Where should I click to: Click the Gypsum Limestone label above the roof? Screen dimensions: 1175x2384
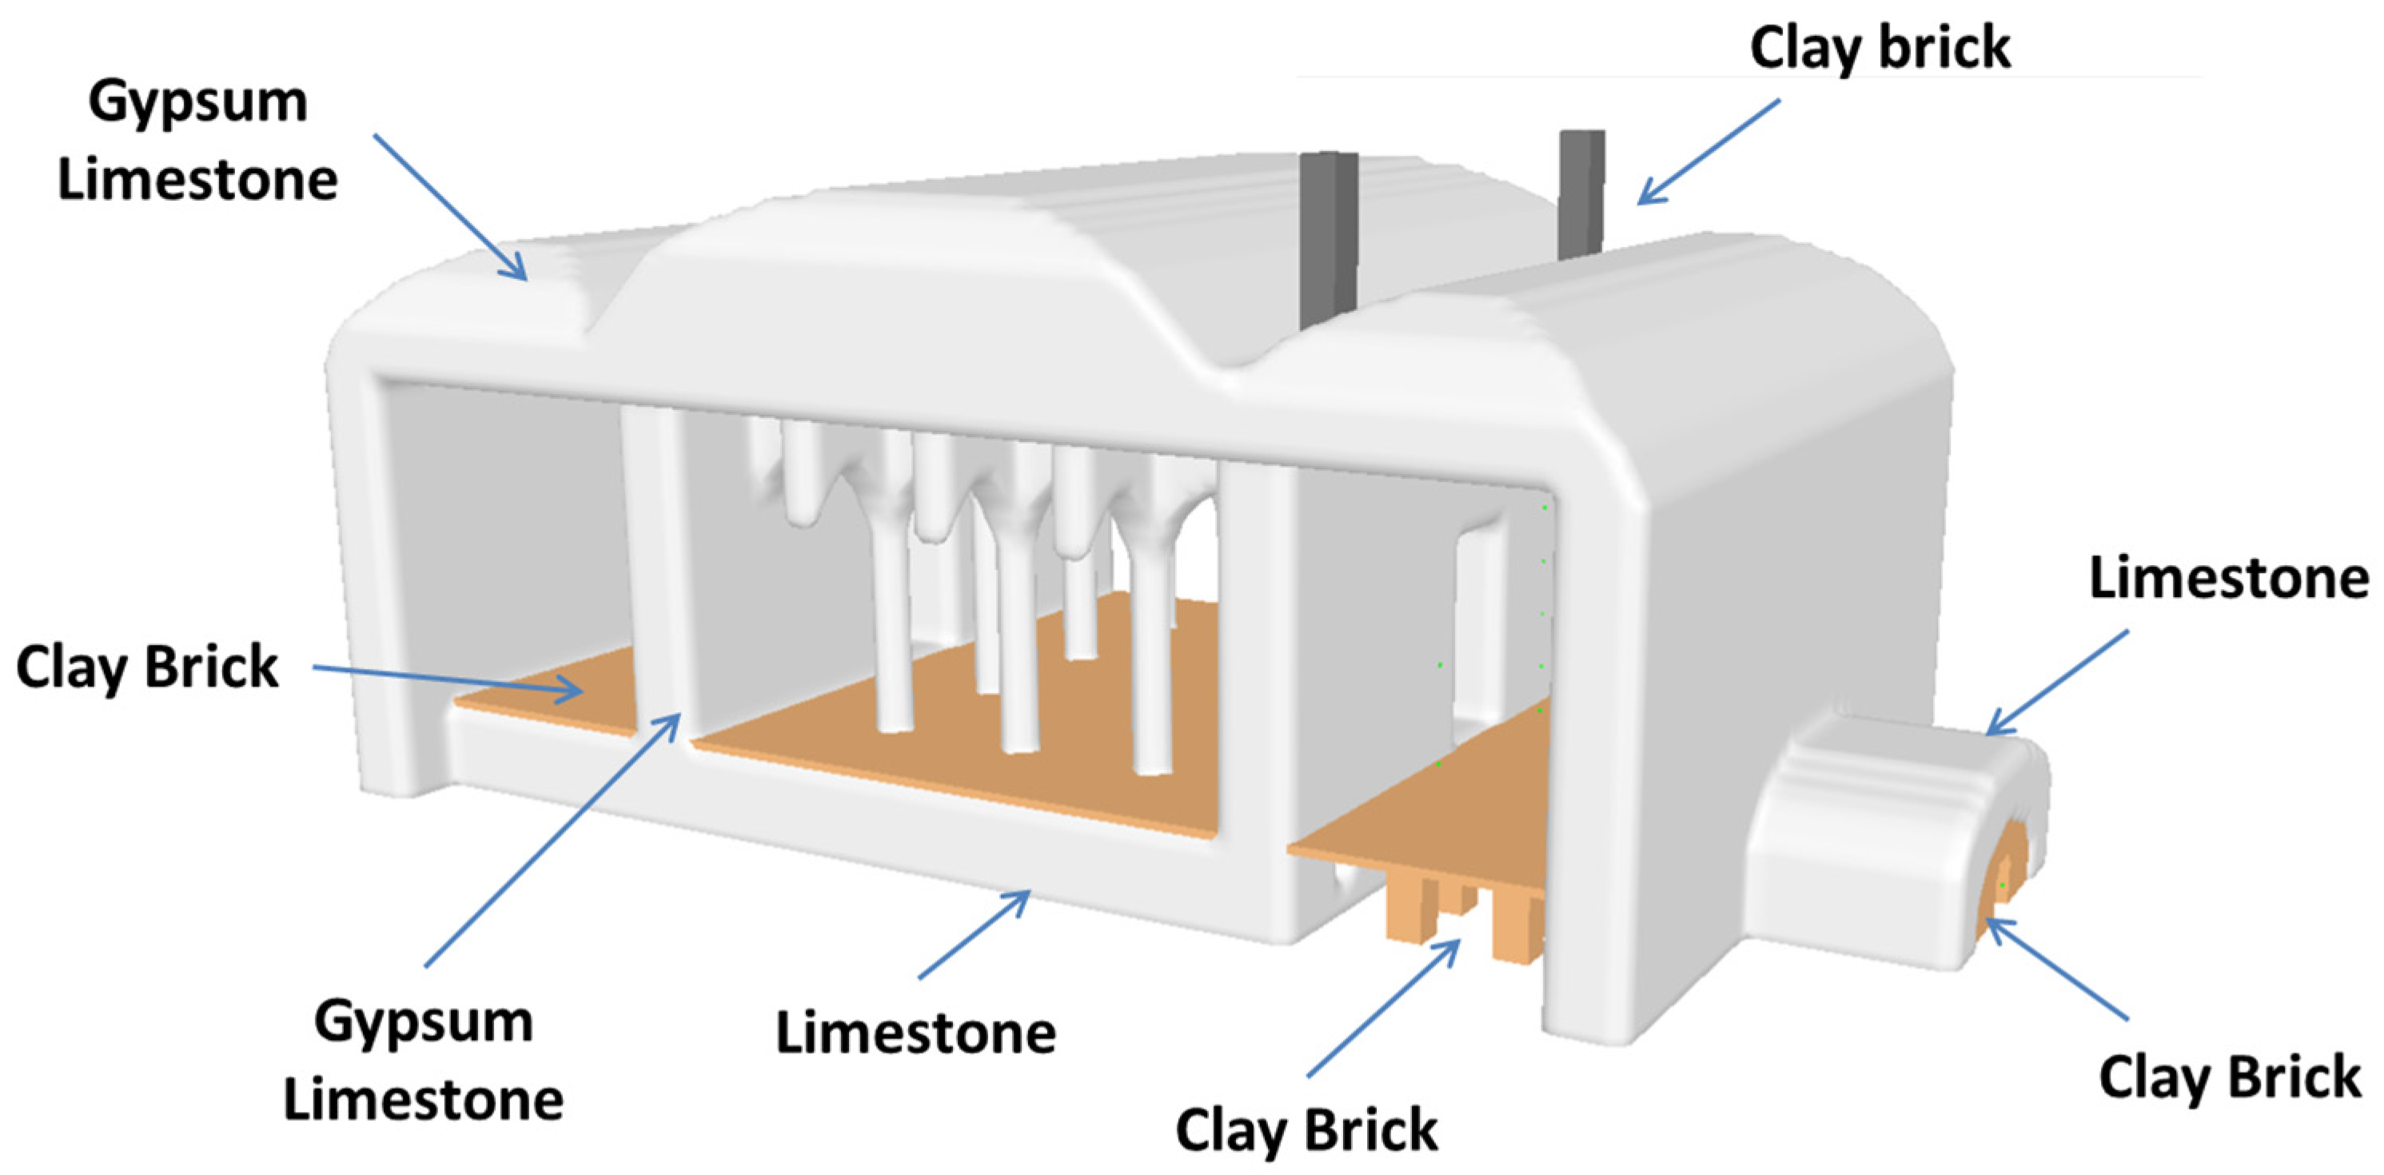click(x=197, y=141)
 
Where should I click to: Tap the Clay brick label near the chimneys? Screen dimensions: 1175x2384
click(x=1880, y=47)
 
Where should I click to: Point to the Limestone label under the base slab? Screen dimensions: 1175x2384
click(x=915, y=1033)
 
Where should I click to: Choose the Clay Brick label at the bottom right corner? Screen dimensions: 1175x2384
click(x=2231, y=1077)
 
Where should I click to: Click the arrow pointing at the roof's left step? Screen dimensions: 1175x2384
click(x=451, y=206)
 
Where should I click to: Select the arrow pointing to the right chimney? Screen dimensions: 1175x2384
click(x=1708, y=152)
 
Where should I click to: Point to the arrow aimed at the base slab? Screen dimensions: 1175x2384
click(x=974, y=934)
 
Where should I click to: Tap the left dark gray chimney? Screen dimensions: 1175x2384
click(x=1328, y=241)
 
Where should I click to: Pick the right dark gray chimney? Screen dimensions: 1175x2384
click(x=1581, y=194)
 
